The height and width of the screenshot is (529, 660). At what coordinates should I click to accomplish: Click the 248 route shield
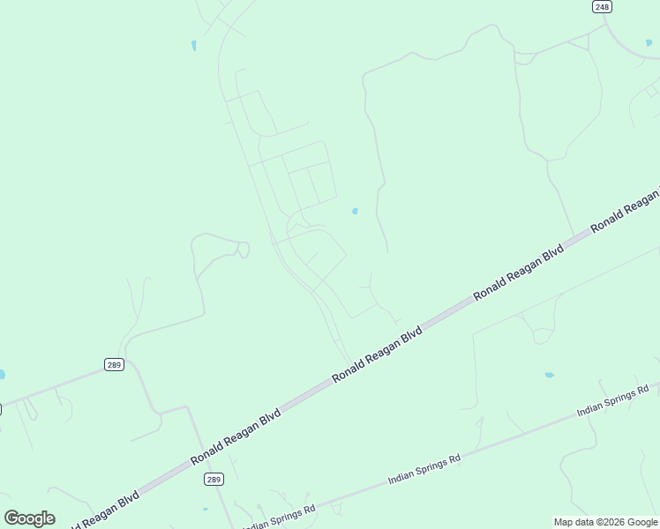pyautogui.click(x=602, y=6)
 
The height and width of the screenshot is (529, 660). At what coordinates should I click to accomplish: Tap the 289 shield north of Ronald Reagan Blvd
pyautogui.click(x=113, y=364)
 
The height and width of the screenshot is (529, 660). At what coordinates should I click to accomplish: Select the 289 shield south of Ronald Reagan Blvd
pyautogui.click(x=214, y=479)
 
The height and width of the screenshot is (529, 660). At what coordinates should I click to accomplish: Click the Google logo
pyautogui.click(x=29, y=518)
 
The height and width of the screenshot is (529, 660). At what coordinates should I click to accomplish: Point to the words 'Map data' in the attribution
pyautogui.click(x=574, y=522)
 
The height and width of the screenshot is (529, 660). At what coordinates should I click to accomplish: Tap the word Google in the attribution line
pyautogui.click(x=642, y=522)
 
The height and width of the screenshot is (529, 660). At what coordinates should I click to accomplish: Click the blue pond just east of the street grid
pyautogui.click(x=355, y=211)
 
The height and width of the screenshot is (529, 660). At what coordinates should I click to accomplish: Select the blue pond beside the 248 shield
pyautogui.click(x=649, y=42)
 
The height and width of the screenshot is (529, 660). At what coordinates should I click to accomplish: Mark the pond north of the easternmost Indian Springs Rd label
pyautogui.click(x=549, y=375)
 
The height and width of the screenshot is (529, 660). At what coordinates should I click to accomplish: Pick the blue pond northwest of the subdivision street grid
pyautogui.click(x=193, y=45)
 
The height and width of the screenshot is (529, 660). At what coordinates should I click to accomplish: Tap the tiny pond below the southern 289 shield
pyautogui.click(x=205, y=510)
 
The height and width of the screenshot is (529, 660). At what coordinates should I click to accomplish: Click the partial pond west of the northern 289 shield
pyautogui.click(x=2, y=375)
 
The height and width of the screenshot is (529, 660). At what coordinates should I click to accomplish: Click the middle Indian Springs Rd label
pyautogui.click(x=424, y=470)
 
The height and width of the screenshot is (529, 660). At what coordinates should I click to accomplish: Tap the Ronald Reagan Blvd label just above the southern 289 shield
pyautogui.click(x=236, y=436)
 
